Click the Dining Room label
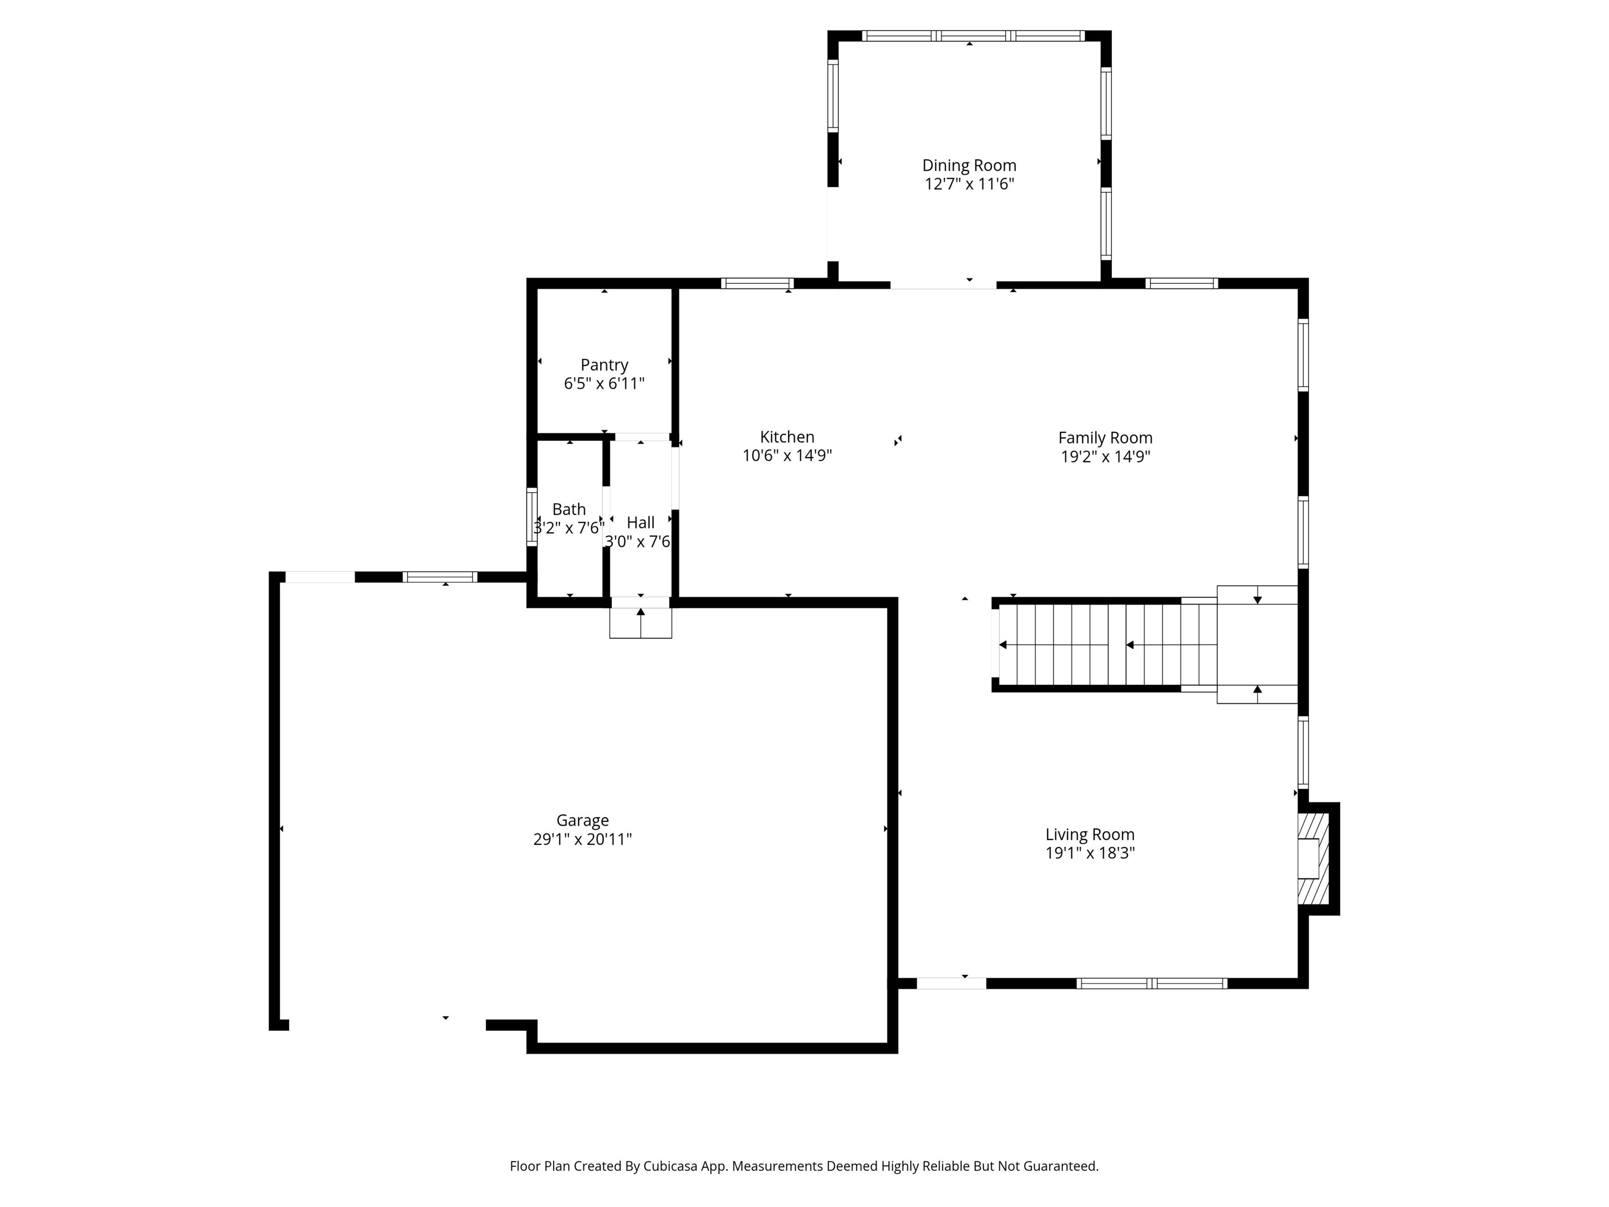pyautogui.click(x=969, y=166)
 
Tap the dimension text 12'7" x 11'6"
pyautogui.click(x=969, y=184)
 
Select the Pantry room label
pyautogui.click(x=604, y=365)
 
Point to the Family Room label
pyautogui.click(x=1105, y=438)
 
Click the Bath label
pyautogui.click(x=569, y=509)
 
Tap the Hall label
pyautogui.click(x=640, y=522)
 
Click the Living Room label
pyautogui.click(x=1089, y=835)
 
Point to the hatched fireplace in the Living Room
pyautogui.click(x=1313, y=859)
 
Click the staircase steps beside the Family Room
pyautogui.click(x=1091, y=644)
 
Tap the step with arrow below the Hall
pyautogui.click(x=640, y=623)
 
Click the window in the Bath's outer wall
pyautogui.click(x=532, y=517)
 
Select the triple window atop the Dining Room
pyautogui.click(x=973, y=36)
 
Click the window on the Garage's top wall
pyautogui.click(x=440, y=577)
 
